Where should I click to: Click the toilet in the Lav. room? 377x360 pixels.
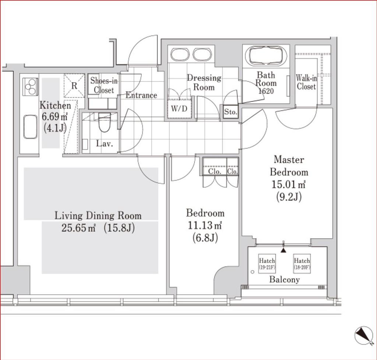[104, 122]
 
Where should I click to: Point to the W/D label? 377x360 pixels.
[179, 109]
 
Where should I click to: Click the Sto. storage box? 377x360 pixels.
[230, 112]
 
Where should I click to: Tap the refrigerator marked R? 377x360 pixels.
[74, 85]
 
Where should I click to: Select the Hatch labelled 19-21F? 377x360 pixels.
[267, 264]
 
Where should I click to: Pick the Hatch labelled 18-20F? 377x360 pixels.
[302, 264]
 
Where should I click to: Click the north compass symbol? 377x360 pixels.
[363, 335]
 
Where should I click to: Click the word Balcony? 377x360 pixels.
[285, 280]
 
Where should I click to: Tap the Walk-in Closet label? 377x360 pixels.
[306, 82]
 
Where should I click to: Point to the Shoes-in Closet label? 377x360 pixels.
[104, 85]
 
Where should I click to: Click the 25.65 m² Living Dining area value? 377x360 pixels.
[79, 228]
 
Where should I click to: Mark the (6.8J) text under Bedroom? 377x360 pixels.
[205, 238]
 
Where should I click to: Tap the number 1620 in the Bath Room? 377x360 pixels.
[266, 91]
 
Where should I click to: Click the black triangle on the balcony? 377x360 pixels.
[284, 251]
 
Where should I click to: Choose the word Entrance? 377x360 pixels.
[141, 95]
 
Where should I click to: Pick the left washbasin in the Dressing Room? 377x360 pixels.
[179, 55]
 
